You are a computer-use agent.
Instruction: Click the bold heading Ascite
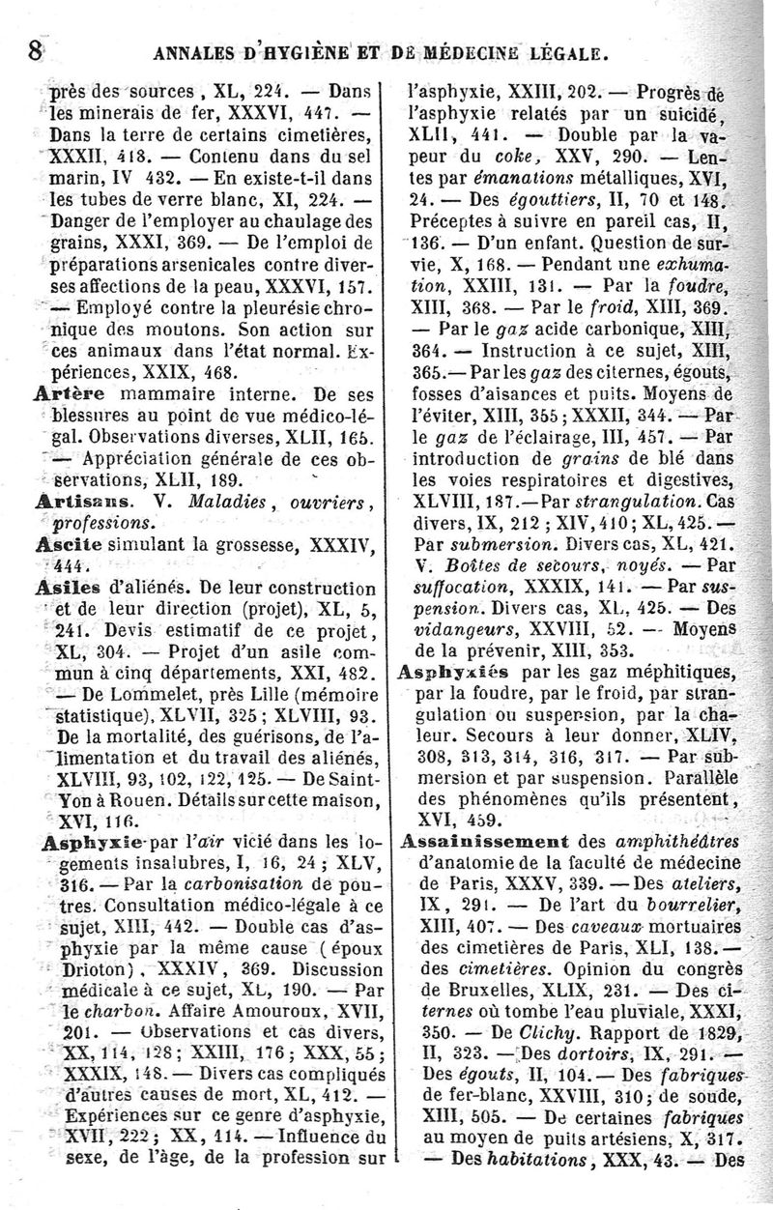(x=64, y=543)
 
